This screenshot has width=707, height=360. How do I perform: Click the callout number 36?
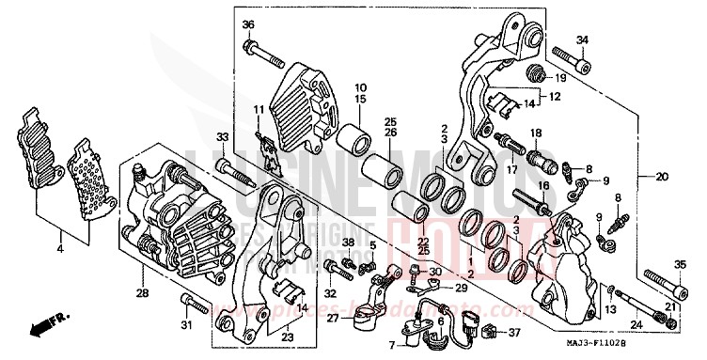coord(248,23)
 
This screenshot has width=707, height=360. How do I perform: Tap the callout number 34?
coord(582,39)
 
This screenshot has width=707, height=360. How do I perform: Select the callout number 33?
coord(222,139)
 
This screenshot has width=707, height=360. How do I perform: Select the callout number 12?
coord(556,97)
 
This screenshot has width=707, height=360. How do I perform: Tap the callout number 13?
coord(609,308)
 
